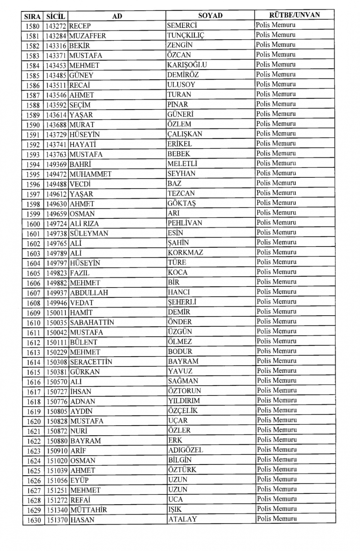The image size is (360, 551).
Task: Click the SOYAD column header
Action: (210, 15)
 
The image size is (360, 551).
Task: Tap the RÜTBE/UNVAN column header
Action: (294, 15)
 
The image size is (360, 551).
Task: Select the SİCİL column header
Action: (56, 16)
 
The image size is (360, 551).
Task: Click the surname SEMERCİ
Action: (182, 26)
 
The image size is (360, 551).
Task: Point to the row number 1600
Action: (33, 224)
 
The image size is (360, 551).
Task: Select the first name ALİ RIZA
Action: (84, 223)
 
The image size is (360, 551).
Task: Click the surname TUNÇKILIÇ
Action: (185, 35)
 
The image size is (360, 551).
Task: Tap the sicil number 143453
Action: (57, 66)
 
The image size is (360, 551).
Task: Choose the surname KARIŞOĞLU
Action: (187, 65)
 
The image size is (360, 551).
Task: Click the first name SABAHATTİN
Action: (92, 322)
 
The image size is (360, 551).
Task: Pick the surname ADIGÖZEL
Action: (185, 450)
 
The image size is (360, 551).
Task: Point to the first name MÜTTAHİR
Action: (89, 510)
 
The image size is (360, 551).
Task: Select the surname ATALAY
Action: (183, 519)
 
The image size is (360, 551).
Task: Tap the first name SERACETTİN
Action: (91, 362)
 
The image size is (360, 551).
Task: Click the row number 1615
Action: (33, 372)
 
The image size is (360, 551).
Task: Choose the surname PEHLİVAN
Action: (185, 223)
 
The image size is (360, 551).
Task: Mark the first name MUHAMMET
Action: (91, 174)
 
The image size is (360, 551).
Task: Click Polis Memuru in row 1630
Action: (277, 519)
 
